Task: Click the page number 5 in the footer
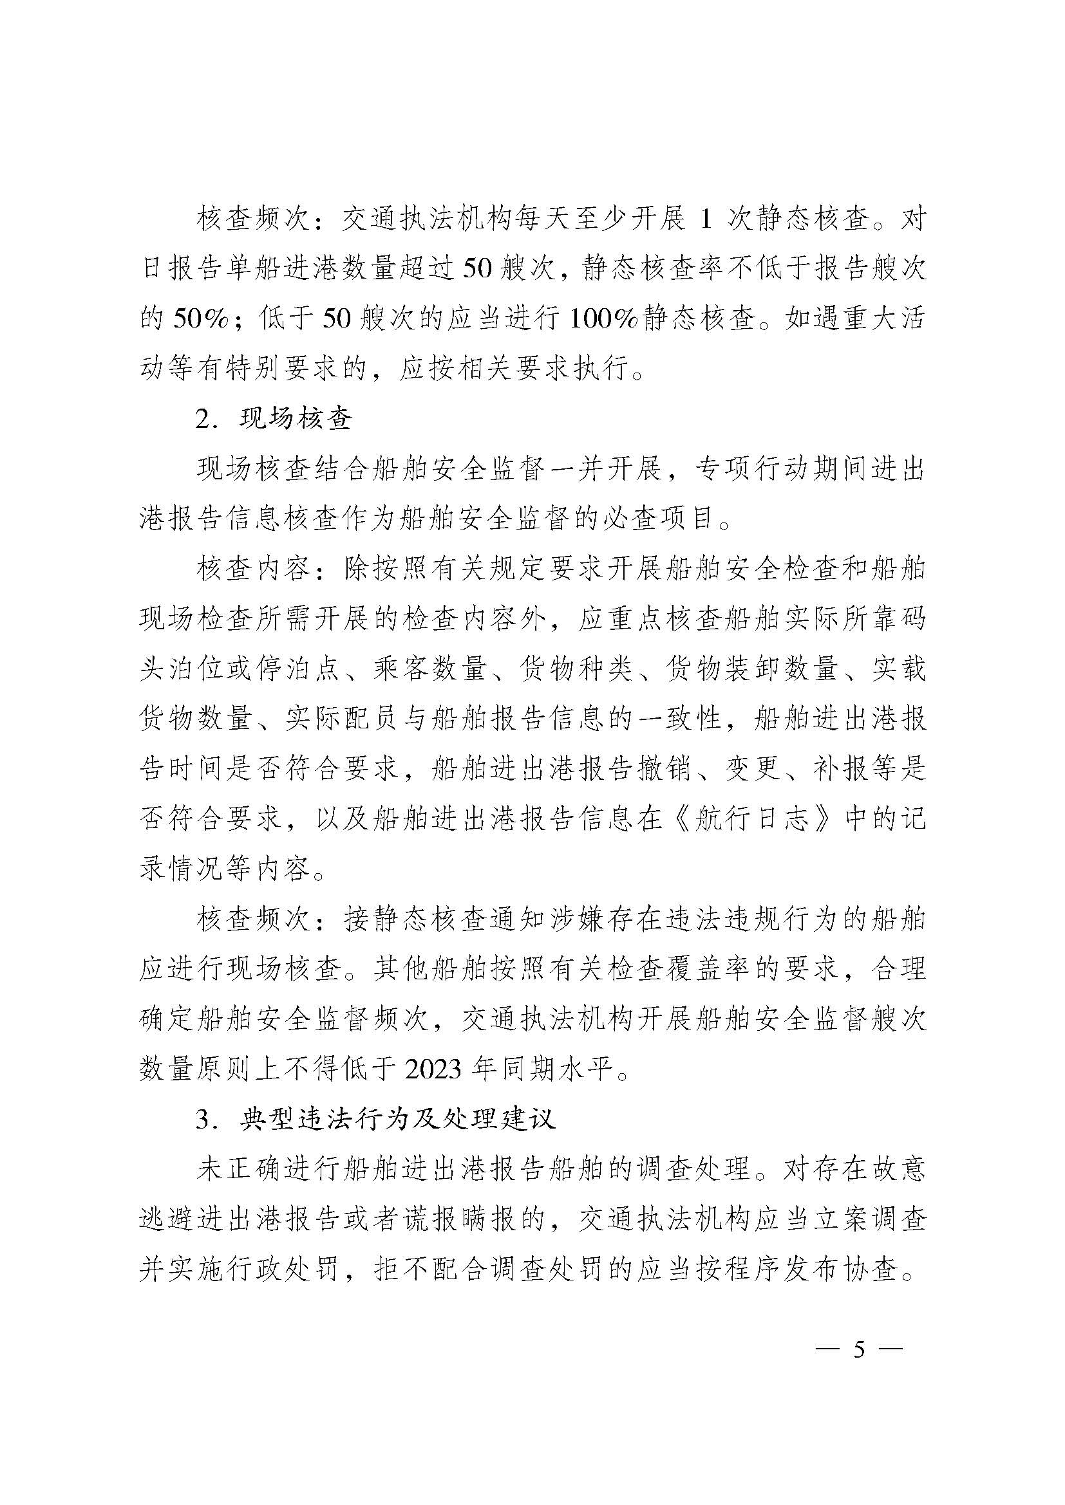pos(858,1331)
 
